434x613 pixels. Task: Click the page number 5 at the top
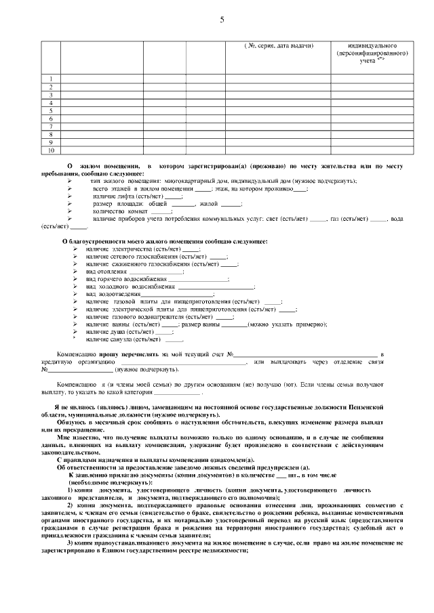[x=221, y=20]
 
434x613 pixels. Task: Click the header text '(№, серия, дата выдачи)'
[x=278, y=45]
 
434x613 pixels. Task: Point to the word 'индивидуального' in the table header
[x=372, y=45]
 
